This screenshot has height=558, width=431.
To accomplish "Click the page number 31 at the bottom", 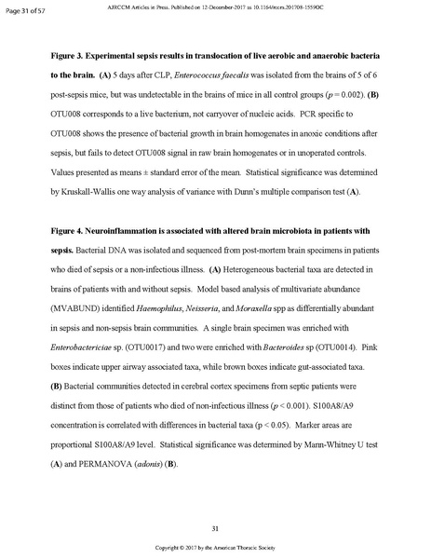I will [215, 528].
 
